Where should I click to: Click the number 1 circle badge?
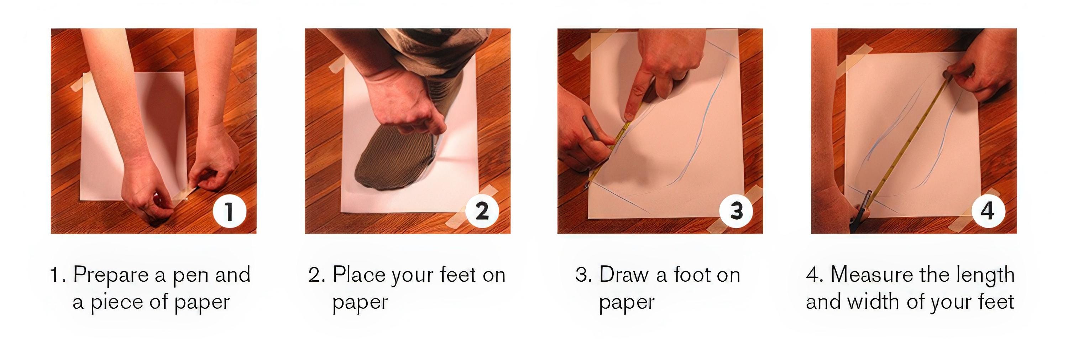coord(229,211)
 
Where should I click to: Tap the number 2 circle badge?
coord(482,211)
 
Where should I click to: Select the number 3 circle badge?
coord(736,211)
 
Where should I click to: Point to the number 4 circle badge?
coord(988,211)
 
